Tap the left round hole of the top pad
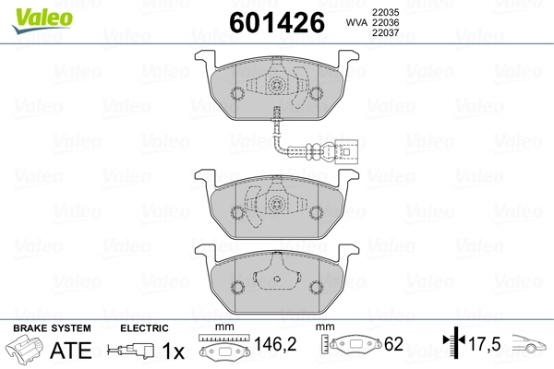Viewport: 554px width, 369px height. [x=236, y=93]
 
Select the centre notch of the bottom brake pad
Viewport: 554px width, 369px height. [x=277, y=274]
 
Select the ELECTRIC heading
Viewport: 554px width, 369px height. [x=144, y=328]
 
